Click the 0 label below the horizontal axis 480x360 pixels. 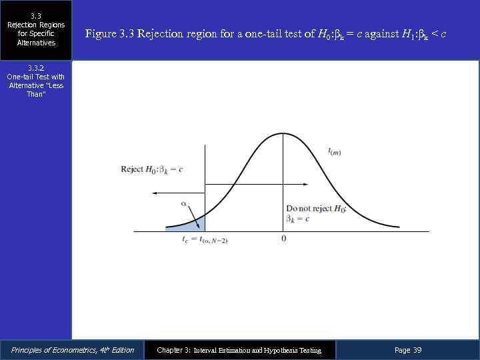(x=284, y=239)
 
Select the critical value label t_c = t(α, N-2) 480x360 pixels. (x=205, y=239)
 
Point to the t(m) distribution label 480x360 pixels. (x=335, y=152)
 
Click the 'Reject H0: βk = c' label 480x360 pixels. (x=152, y=169)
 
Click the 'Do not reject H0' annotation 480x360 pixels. (x=316, y=213)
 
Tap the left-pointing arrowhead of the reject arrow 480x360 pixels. (x=154, y=193)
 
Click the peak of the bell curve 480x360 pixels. (x=284, y=134)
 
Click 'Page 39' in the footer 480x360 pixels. (x=408, y=350)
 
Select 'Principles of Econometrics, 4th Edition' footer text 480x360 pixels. (x=73, y=350)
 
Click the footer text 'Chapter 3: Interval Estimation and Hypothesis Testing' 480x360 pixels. (x=239, y=350)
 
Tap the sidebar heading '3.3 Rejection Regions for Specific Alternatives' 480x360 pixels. (x=36, y=29)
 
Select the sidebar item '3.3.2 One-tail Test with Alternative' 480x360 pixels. (x=36, y=81)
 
